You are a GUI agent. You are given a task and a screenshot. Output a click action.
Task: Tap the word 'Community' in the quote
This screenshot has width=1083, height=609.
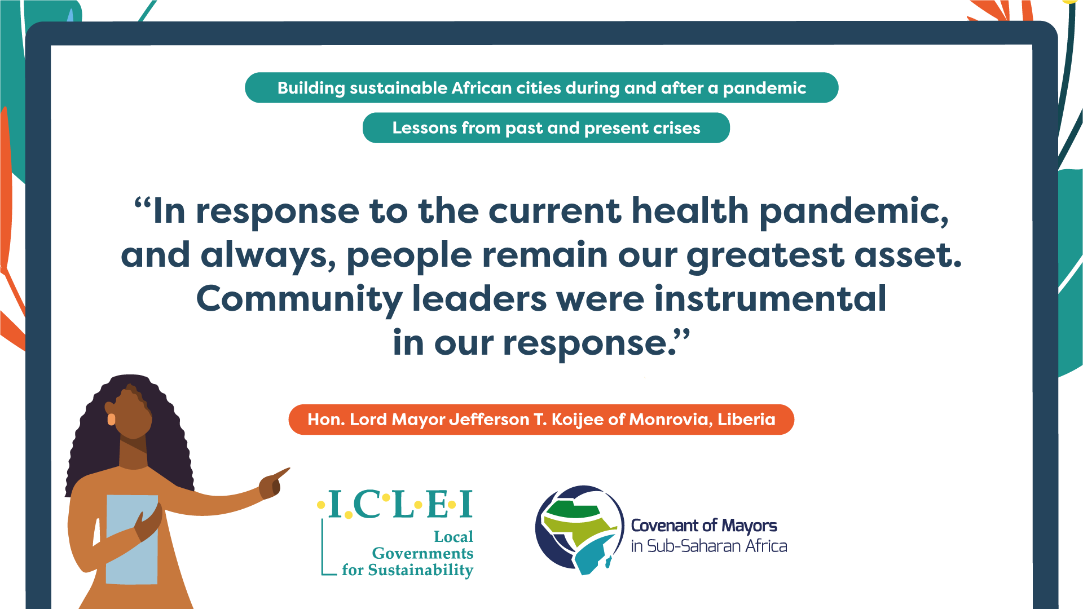click(299, 300)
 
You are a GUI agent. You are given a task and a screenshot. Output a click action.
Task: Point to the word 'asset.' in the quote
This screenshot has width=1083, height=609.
click(908, 255)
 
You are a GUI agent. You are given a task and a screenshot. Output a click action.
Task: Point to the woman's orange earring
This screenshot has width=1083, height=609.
click(111, 419)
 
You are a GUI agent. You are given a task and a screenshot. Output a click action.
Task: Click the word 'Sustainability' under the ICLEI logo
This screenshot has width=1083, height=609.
click(420, 571)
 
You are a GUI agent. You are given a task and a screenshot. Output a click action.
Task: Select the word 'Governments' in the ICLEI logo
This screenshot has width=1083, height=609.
click(422, 553)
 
